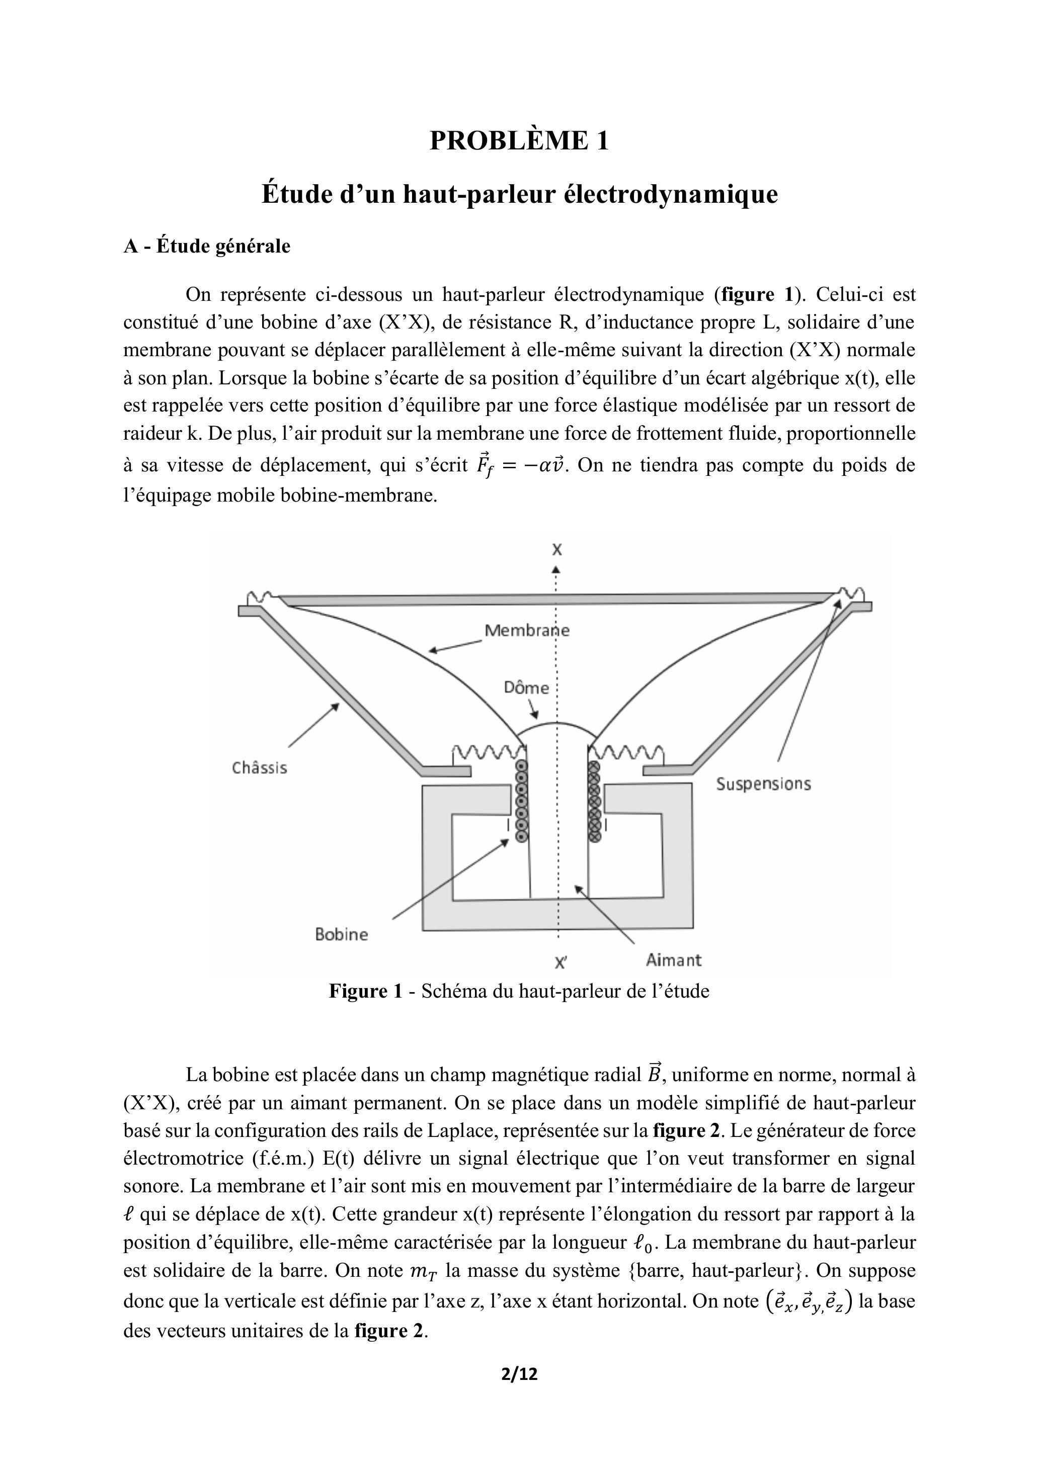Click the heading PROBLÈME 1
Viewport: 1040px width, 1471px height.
[519, 140]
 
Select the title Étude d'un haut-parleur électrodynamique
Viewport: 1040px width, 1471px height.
[519, 194]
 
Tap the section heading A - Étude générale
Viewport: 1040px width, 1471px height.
[206, 246]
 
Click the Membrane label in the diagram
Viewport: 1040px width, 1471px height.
[527, 630]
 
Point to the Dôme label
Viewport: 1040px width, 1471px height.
[526, 688]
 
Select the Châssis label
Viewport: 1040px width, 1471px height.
[260, 768]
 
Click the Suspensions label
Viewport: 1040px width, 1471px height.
[763, 784]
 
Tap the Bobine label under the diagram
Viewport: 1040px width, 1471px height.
[342, 934]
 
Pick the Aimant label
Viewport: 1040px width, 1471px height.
[674, 960]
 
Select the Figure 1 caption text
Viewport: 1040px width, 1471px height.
[519, 991]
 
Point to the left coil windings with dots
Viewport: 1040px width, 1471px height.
[522, 801]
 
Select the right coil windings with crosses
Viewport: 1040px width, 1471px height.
[594, 801]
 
